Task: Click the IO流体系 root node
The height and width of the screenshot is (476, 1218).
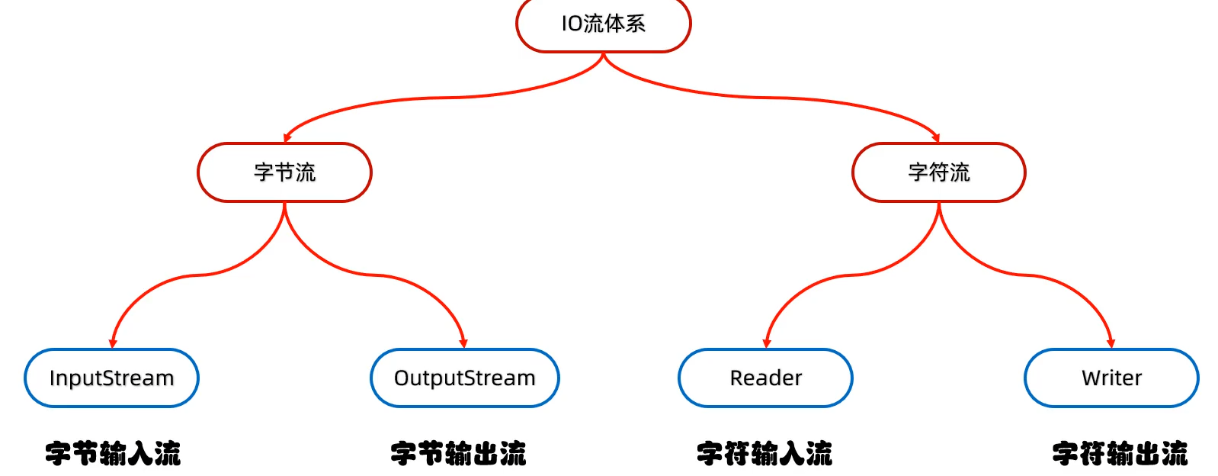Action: pyautogui.click(x=604, y=24)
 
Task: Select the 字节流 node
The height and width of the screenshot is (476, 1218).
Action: pyautogui.click(x=284, y=172)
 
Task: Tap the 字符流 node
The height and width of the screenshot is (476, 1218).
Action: pyautogui.click(x=939, y=172)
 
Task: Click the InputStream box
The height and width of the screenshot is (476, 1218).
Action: pyautogui.click(x=111, y=378)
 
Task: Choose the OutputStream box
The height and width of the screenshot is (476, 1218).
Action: pyautogui.click(x=465, y=378)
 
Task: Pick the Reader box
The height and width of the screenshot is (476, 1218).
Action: pyautogui.click(x=765, y=378)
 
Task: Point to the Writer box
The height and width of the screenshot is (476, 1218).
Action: pyautogui.click(x=1112, y=378)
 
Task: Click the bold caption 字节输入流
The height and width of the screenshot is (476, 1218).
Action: pyautogui.click(x=113, y=453)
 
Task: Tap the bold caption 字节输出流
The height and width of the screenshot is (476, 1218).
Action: pyautogui.click(x=458, y=453)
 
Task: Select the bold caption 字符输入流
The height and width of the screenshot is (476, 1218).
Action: pyautogui.click(x=764, y=453)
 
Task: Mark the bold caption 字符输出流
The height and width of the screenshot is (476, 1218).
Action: pyautogui.click(x=1120, y=453)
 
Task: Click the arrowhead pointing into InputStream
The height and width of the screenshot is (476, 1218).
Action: pyautogui.click(x=113, y=344)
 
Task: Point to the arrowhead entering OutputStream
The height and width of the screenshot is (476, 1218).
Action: pyautogui.click(x=463, y=344)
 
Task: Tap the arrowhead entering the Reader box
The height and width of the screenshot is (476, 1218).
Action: pyautogui.click(x=767, y=344)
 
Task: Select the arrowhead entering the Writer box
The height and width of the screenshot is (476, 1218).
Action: pyautogui.click(x=1111, y=344)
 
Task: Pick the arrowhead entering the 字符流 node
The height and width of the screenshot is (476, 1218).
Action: pyautogui.click(x=936, y=138)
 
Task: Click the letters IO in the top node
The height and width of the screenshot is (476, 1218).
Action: pyautogui.click(x=572, y=24)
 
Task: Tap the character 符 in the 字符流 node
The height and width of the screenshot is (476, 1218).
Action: pyautogui.click(x=939, y=172)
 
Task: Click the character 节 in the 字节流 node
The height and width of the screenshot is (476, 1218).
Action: pyautogui.click(x=284, y=172)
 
